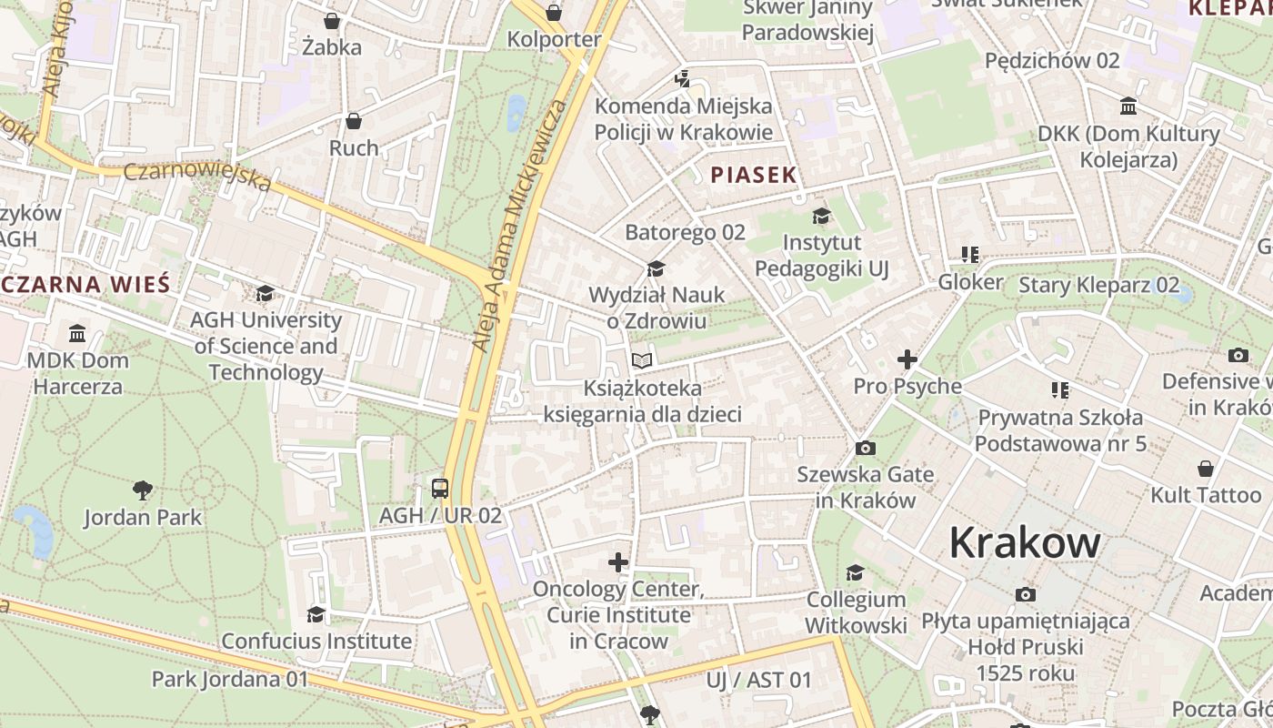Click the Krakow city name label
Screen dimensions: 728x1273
tap(1025, 543)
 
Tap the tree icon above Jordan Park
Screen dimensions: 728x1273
tap(142, 490)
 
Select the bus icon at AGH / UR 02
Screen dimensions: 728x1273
tap(440, 489)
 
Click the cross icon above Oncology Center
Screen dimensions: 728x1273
tap(618, 562)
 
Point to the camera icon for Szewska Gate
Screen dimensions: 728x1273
tap(865, 448)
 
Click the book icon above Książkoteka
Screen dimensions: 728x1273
tap(642, 361)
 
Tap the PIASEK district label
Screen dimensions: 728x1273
tap(754, 175)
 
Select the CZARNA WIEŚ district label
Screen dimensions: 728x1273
tap(86, 284)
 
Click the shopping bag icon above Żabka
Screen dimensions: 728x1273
tap(332, 20)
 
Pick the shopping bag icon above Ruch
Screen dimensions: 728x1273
tap(354, 121)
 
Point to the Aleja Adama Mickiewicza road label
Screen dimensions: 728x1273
tap(518, 227)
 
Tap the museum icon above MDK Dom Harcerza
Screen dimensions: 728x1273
tap(77, 333)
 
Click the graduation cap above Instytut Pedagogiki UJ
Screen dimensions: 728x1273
tap(821, 216)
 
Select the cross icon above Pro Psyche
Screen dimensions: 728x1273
tap(907, 359)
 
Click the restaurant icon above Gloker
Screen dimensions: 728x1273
tap(970, 255)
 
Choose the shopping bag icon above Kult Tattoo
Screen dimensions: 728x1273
tap(1206, 469)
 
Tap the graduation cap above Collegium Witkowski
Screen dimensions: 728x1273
tap(855, 572)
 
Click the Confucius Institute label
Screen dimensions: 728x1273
tap(316, 641)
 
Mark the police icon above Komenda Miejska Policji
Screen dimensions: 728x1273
tap(682, 79)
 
